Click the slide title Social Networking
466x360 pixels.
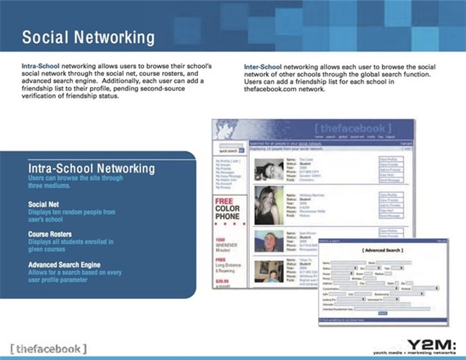coord(87,37)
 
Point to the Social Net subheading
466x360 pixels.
coord(44,204)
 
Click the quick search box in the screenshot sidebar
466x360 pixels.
coord(229,151)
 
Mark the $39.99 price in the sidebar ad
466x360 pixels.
coord(224,283)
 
